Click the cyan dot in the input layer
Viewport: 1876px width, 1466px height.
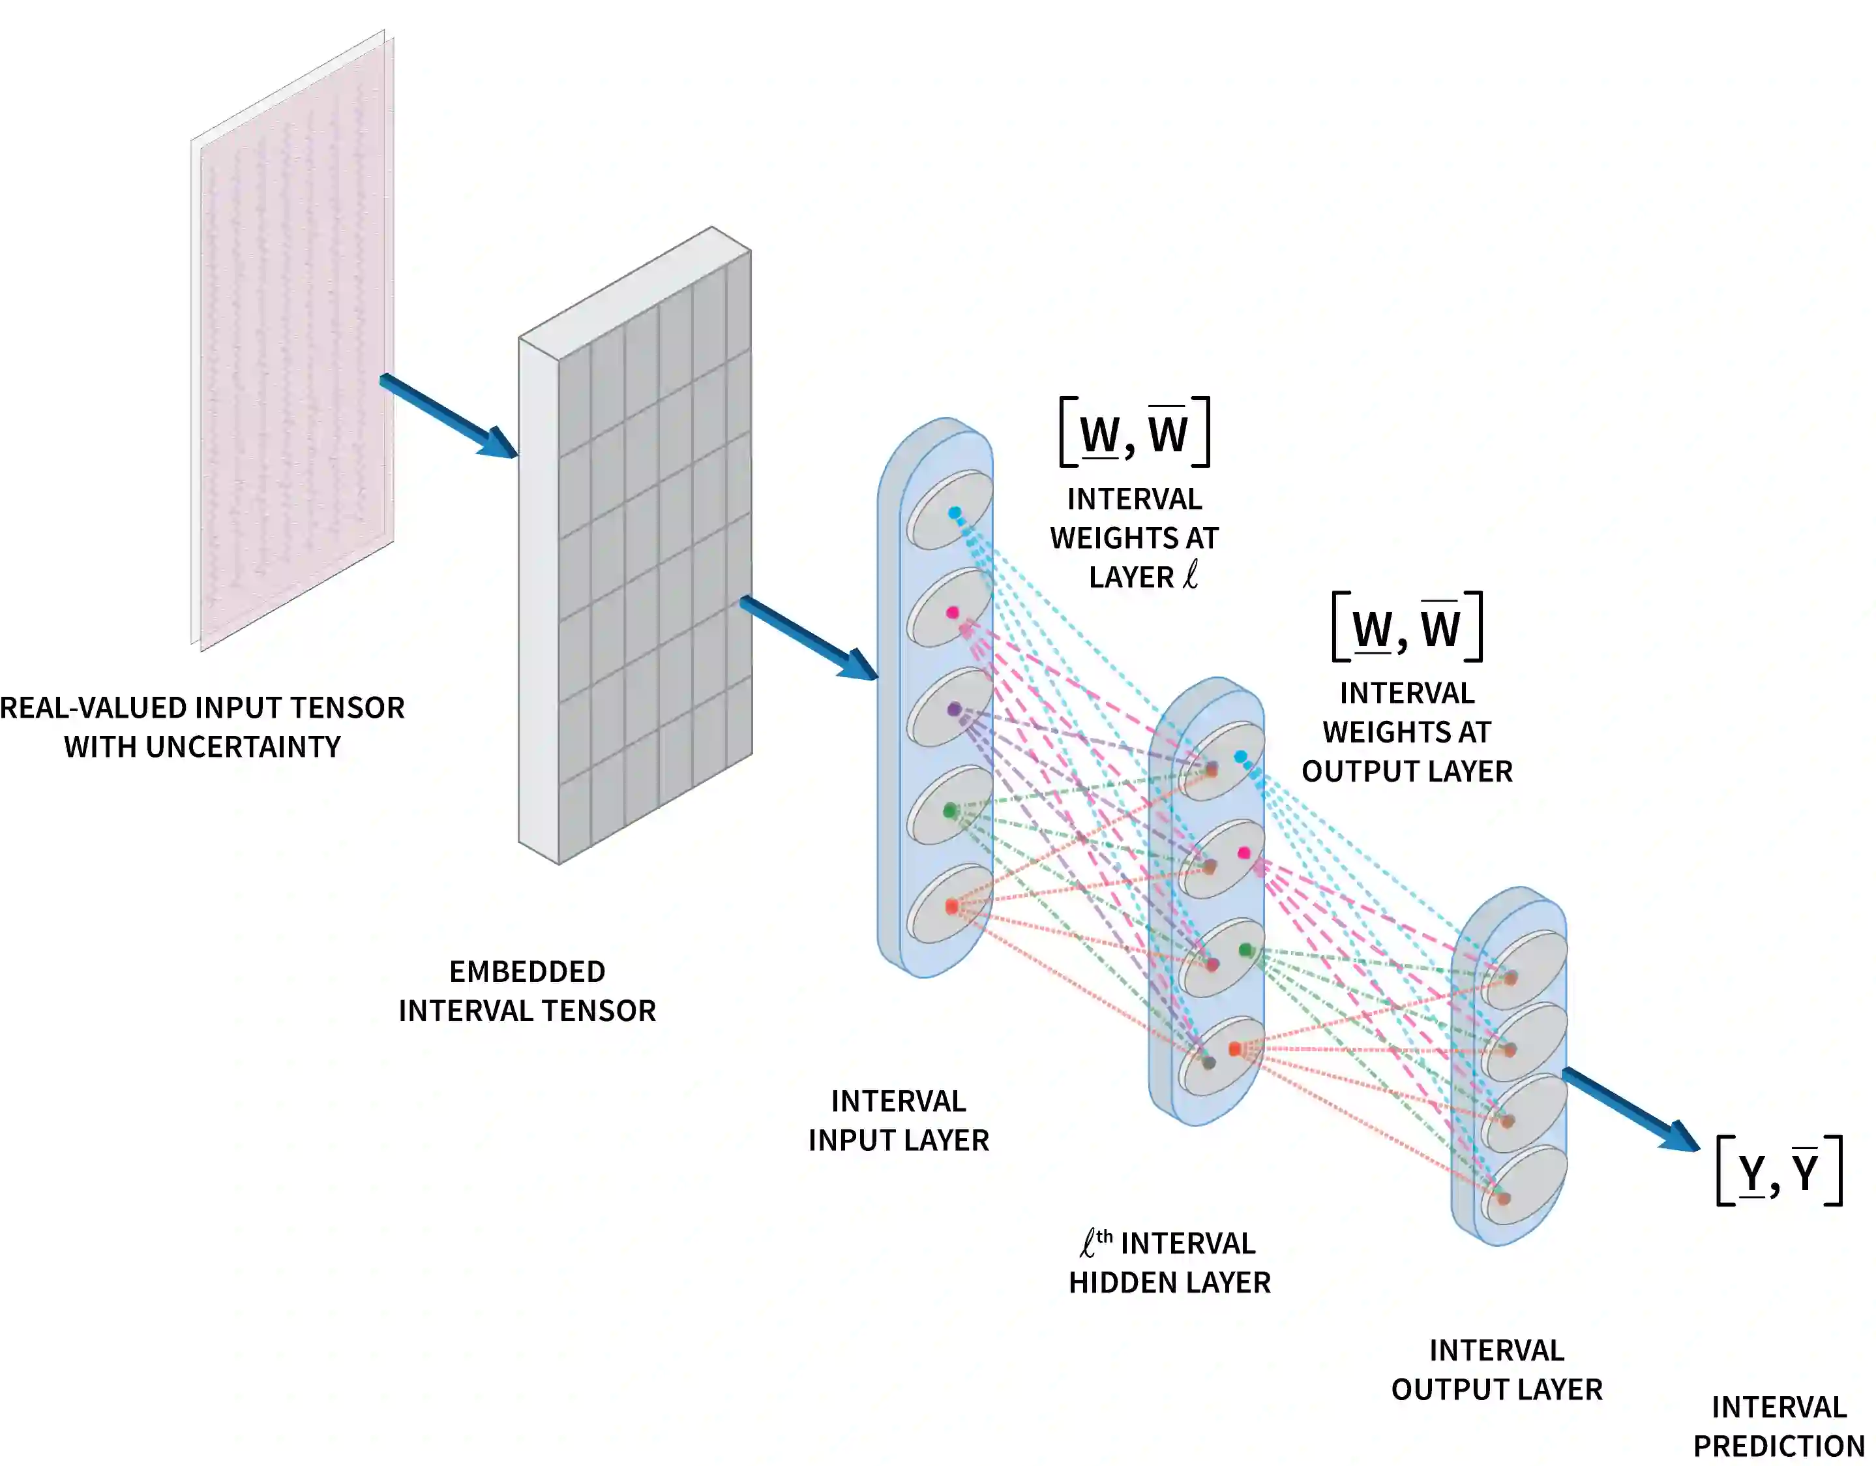tap(955, 513)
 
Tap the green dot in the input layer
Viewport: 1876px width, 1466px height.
tap(950, 810)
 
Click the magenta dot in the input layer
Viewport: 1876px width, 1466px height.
tap(953, 613)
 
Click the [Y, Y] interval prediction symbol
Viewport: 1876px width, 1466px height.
tap(1779, 1170)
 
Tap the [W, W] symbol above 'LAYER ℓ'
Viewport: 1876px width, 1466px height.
tap(1135, 433)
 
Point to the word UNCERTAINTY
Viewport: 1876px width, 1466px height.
tap(243, 748)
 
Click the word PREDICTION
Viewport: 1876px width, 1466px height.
tap(1778, 1446)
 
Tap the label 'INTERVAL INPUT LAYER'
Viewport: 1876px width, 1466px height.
tap(899, 1121)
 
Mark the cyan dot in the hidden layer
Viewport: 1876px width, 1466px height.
tap(1240, 757)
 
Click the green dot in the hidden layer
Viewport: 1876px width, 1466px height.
tap(1245, 949)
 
